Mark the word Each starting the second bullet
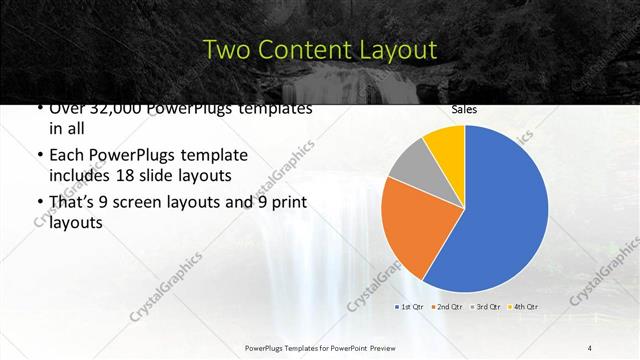[68, 156]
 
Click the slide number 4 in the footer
[590, 347]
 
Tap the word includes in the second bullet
[81, 176]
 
